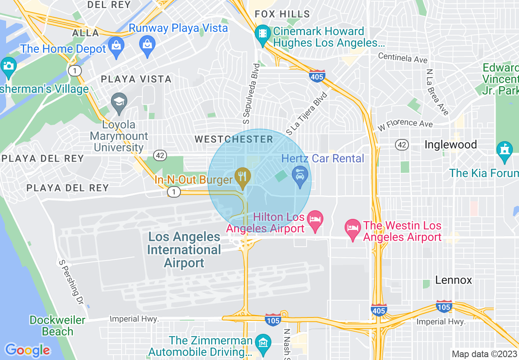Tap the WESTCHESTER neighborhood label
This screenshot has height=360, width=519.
click(234, 139)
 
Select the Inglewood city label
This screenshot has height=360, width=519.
click(451, 145)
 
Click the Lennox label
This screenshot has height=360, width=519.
click(454, 280)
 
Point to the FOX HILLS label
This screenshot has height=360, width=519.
click(282, 14)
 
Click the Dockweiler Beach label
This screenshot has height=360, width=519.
click(57, 326)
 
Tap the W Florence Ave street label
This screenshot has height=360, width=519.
click(405, 125)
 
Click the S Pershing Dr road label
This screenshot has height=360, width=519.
click(71, 283)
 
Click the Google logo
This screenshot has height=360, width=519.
click(27, 350)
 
